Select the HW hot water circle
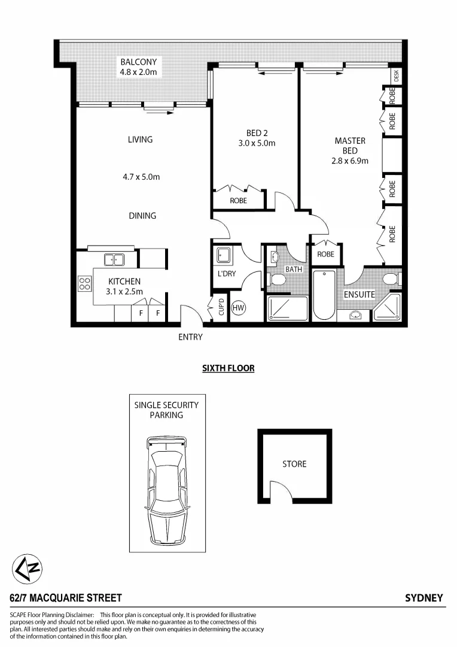pos(238,309)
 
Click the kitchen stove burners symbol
pos(84,283)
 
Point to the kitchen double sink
pos(114,259)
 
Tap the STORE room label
pos(294,464)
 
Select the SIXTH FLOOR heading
pos(228,368)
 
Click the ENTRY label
pos(190,337)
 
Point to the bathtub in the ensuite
pos(325,296)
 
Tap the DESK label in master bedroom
pos(396,76)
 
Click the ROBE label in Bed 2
pos(238,201)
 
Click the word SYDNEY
pos(424,598)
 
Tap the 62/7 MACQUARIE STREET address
pos(66,598)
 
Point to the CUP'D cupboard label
pos(221,308)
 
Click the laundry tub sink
pos(223,255)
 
